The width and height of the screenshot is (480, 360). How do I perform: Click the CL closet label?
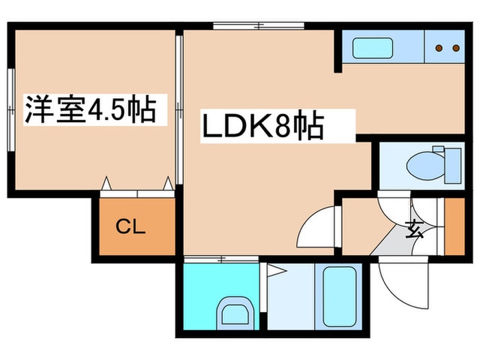130,227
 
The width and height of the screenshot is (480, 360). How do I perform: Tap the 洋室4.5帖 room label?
91,110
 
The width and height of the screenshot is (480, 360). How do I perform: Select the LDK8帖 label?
263,126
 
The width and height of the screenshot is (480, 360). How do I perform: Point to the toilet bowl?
426,166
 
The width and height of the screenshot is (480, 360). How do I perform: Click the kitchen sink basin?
372,48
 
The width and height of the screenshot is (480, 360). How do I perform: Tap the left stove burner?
440,48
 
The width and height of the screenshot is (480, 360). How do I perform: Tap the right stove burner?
456,48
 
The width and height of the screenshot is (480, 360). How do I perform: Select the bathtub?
339,297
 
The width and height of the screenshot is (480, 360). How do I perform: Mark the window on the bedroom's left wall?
11,110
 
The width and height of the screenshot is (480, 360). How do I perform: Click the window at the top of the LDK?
259,26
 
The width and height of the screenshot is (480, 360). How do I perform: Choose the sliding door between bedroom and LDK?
180,110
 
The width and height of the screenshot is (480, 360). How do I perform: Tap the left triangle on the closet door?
106,183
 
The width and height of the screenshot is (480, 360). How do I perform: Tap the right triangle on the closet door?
168,183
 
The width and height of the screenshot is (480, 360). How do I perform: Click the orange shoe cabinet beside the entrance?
455,226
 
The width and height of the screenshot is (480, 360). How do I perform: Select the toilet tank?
453,166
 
